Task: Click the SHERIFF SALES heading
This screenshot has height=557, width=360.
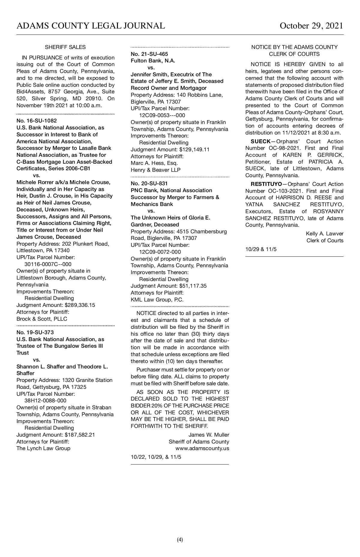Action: tap(65, 47)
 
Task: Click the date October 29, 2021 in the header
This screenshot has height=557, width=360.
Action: tap(311, 26)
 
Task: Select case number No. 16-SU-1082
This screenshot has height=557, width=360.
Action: tap(37, 121)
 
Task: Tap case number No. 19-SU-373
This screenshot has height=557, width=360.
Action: tap(35, 332)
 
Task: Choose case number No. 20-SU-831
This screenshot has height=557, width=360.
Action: tap(149, 183)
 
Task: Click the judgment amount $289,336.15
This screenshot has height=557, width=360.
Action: tap(80, 305)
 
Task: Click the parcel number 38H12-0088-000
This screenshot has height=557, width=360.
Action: tap(45, 401)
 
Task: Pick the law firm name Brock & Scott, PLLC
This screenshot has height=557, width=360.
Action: tap(42, 319)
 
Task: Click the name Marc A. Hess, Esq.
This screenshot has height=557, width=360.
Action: tap(154, 163)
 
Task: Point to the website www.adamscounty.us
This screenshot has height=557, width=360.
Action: tap(202, 448)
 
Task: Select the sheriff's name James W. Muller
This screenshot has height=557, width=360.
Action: tap(209, 435)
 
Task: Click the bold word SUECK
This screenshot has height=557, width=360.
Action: tap(260, 141)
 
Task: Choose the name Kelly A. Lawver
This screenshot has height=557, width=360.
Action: tap(325, 234)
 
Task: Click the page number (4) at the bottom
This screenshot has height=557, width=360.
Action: tap(180, 540)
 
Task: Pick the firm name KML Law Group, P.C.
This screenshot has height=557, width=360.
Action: tap(157, 300)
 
